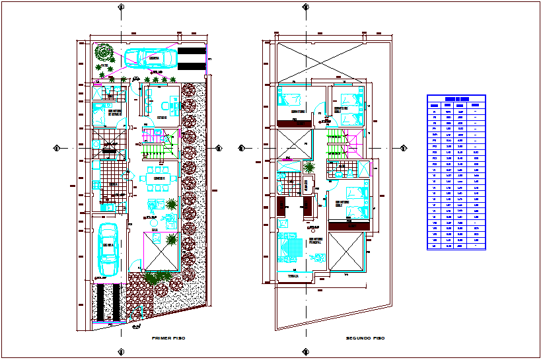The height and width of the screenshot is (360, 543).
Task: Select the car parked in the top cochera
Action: pos(152,59)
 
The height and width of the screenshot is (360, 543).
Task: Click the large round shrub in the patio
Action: pos(104,51)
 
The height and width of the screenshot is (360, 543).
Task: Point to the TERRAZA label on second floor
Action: pos(293,276)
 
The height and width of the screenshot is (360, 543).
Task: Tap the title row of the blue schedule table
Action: pos(456,98)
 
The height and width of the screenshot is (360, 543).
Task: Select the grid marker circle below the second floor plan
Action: pos(305,352)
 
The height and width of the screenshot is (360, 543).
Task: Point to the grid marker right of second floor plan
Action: pos(404,148)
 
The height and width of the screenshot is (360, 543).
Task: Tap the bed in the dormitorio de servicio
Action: pos(103,110)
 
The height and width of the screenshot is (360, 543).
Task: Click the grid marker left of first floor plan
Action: pos(57,147)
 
